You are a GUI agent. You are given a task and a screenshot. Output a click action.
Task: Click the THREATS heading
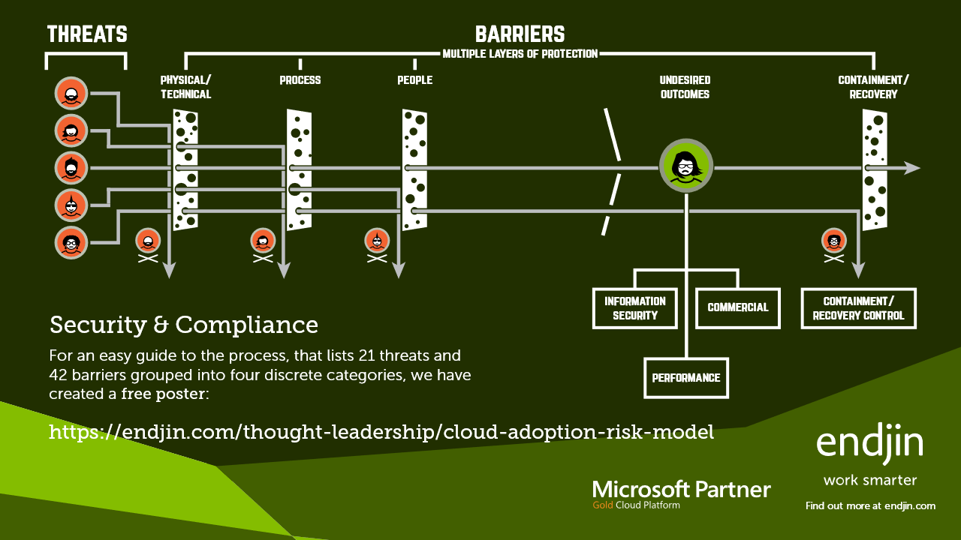87,34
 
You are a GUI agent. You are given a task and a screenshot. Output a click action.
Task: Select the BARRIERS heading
520,34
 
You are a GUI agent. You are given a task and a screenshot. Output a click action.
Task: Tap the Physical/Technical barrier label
185,87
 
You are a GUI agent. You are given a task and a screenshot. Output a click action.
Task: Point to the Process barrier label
300,80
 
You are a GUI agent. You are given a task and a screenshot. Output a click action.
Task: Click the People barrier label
414,80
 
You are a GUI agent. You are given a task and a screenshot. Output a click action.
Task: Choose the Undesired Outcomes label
685,87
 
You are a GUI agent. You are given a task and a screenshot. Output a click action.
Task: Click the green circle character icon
685,165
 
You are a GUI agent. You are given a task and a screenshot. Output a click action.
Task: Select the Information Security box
634,308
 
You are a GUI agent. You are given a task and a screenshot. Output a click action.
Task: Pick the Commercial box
738,307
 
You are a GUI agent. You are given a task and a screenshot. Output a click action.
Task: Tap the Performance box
686,378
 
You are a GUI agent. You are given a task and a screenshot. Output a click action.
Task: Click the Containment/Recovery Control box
858,308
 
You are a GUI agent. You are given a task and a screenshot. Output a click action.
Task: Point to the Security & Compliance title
184,325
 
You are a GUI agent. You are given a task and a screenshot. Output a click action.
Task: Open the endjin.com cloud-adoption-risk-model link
381,433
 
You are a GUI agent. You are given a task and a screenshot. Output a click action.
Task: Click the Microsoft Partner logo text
681,490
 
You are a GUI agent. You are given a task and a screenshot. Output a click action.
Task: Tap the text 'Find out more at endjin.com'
870,506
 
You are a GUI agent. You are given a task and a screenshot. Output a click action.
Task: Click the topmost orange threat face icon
71,94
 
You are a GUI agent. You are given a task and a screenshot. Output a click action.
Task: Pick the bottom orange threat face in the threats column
71,242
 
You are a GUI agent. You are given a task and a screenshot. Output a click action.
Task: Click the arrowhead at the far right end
912,168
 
